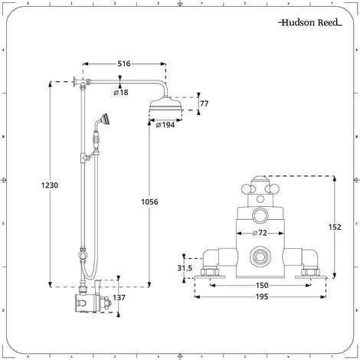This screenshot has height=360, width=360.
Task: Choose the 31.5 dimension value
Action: point(184,267)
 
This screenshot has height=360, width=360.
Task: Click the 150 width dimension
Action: point(261,285)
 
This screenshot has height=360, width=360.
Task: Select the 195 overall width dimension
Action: point(261,299)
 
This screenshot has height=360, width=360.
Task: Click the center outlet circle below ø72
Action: point(261,257)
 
